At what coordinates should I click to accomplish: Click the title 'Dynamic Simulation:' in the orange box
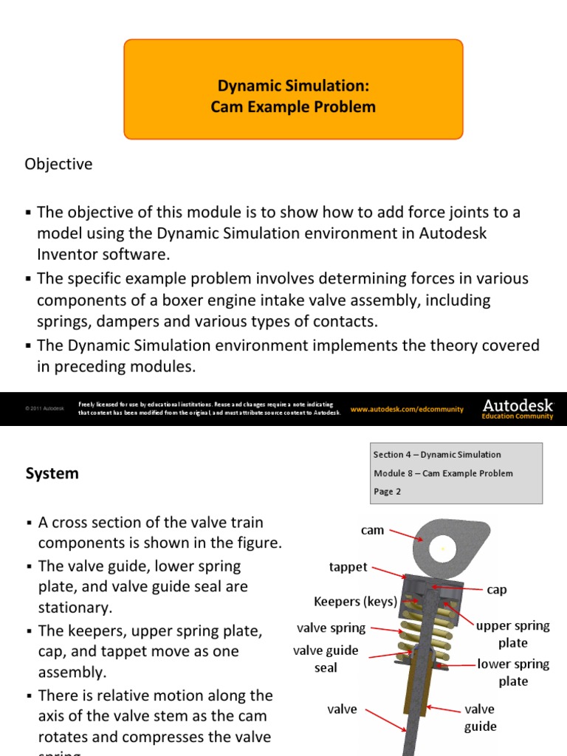(293, 86)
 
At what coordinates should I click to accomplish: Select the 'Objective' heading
(59, 164)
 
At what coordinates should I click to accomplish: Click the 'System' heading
(52, 474)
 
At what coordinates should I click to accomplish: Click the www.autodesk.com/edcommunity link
(407, 409)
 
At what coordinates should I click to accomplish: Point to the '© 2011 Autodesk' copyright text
(44, 409)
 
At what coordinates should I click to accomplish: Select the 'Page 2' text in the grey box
(388, 492)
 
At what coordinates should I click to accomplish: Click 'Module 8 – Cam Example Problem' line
(443, 473)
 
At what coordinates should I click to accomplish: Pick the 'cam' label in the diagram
(372, 530)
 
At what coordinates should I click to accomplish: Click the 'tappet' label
(348, 567)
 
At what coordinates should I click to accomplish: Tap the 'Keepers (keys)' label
(355, 601)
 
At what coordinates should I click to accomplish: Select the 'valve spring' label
(331, 628)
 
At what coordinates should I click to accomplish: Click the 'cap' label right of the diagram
(497, 590)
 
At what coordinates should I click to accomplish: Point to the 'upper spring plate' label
(512, 634)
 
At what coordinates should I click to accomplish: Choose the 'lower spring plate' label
(512, 673)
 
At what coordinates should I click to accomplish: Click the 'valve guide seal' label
(326, 659)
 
